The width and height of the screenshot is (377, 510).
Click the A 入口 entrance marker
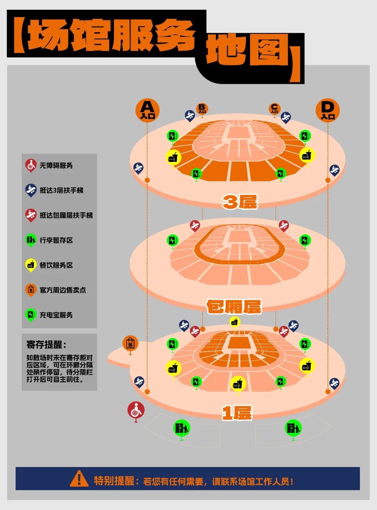click(x=147, y=110)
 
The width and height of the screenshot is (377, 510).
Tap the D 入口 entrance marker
click(x=327, y=110)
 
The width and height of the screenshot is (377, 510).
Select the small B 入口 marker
click(x=202, y=109)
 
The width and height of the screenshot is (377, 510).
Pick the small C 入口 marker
click(x=274, y=109)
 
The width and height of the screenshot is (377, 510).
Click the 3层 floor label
click(x=240, y=202)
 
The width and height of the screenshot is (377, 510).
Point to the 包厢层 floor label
click(x=234, y=307)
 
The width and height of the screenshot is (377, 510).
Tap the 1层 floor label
click(x=237, y=413)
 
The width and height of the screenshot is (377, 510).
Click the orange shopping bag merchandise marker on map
click(x=131, y=343)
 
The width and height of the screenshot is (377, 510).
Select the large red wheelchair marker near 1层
click(x=136, y=410)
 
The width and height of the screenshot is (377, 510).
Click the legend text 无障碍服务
click(x=56, y=165)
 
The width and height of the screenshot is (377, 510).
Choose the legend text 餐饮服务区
click(x=56, y=265)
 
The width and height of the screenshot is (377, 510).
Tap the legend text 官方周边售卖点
click(x=63, y=290)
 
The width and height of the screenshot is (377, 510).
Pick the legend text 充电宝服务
click(x=56, y=315)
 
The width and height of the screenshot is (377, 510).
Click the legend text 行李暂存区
click(x=56, y=240)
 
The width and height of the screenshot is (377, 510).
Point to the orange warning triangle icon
click(x=79, y=479)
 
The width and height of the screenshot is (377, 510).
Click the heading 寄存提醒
click(x=46, y=345)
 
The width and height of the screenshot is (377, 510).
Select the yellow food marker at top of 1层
click(x=235, y=321)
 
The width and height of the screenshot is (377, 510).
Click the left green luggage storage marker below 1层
click(x=182, y=428)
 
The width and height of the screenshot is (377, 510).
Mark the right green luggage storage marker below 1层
click(x=293, y=428)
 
